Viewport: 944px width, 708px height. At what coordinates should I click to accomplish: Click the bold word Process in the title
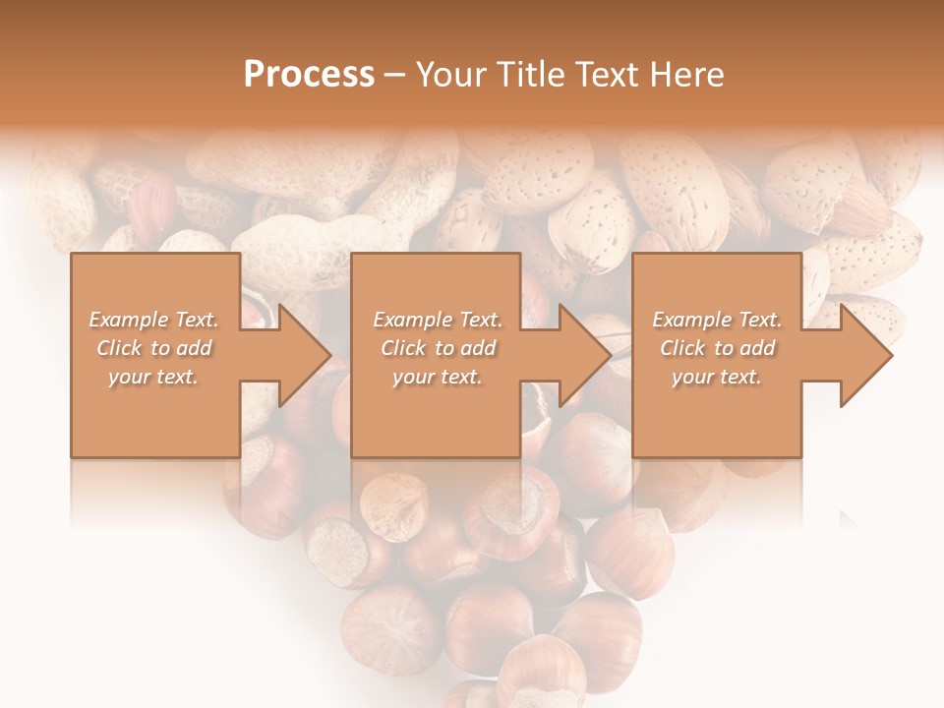(x=309, y=75)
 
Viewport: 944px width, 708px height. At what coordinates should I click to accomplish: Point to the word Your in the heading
(x=449, y=75)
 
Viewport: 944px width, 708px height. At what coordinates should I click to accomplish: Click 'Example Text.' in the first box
(x=153, y=320)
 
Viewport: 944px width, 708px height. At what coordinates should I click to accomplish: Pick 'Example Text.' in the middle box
(x=437, y=320)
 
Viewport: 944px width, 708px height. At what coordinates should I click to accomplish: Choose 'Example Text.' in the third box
(x=717, y=320)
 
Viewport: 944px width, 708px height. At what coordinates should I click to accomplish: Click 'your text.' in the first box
(x=153, y=377)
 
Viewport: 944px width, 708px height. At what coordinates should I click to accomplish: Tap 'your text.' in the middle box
(x=437, y=377)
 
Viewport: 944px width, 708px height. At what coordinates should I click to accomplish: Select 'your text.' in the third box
(x=717, y=377)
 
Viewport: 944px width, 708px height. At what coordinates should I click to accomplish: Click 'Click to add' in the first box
(x=153, y=348)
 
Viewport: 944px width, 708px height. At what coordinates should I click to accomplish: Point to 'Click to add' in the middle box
(x=437, y=348)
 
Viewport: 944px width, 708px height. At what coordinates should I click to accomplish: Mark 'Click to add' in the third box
(x=717, y=348)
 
